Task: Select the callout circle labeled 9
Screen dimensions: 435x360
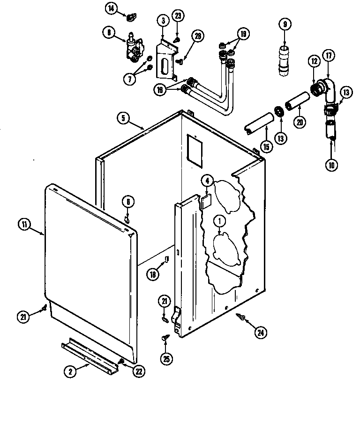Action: pyautogui.click(x=284, y=23)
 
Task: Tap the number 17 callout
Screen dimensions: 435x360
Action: pyautogui.click(x=329, y=56)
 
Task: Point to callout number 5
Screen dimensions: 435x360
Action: pyautogui.click(x=122, y=119)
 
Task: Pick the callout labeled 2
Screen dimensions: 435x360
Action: pyautogui.click(x=70, y=371)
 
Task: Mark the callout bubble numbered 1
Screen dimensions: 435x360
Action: pyautogui.click(x=219, y=220)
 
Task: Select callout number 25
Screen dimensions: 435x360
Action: pyautogui.click(x=165, y=359)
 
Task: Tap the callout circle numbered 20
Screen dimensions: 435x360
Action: pyautogui.click(x=300, y=121)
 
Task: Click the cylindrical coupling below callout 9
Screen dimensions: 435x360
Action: pyautogui.click(x=284, y=60)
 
